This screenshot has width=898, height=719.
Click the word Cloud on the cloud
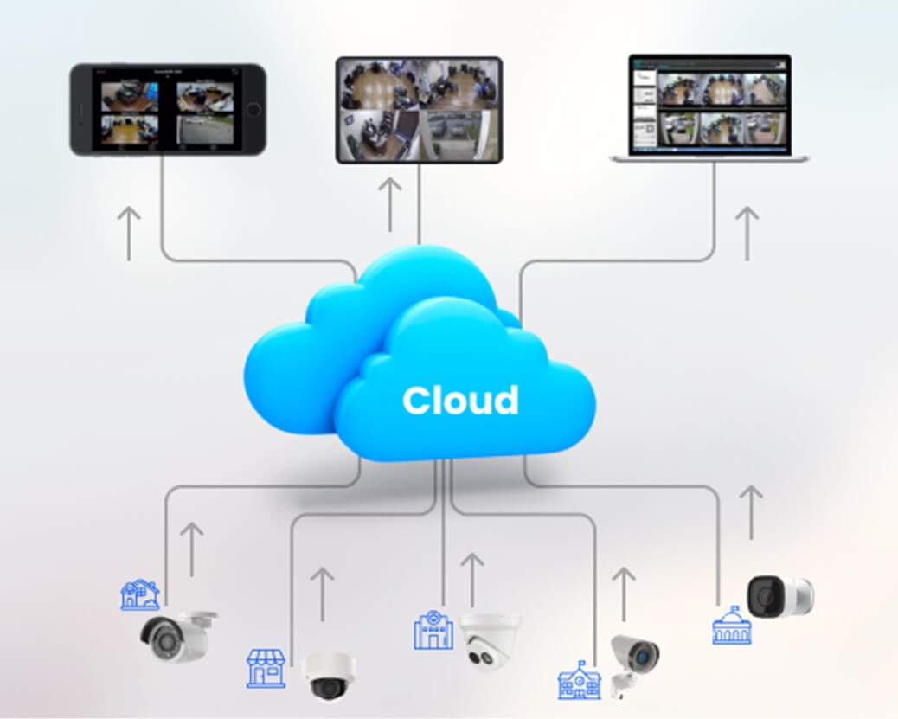click(x=460, y=400)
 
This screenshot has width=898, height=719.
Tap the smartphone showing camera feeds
click(x=168, y=110)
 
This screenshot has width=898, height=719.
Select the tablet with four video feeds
click(x=419, y=110)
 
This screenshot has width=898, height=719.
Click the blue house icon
click(x=139, y=595)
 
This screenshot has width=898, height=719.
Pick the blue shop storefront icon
click(x=266, y=668)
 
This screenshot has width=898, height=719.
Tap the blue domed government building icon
click(x=731, y=625)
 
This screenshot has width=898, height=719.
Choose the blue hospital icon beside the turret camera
click(x=433, y=630)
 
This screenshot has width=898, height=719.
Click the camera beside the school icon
click(x=633, y=661)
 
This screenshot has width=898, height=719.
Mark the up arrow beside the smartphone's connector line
click(x=129, y=233)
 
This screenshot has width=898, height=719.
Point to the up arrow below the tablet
click(x=390, y=204)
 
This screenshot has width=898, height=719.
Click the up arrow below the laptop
click(x=746, y=233)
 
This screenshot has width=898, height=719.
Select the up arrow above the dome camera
click(x=322, y=594)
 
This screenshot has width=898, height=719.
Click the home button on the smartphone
click(x=253, y=110)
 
